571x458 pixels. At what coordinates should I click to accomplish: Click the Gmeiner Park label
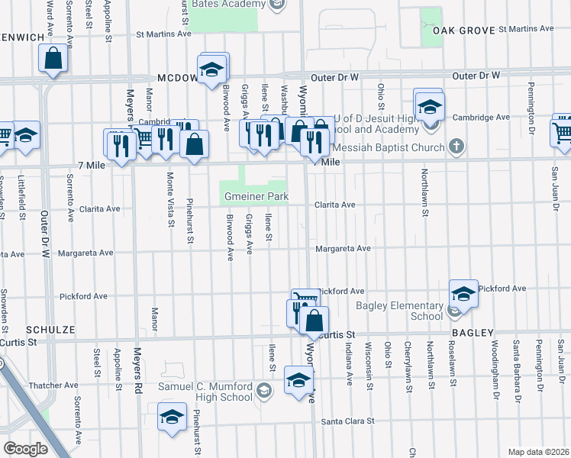click(256, 197)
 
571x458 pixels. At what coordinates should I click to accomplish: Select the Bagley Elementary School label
click(400, 311)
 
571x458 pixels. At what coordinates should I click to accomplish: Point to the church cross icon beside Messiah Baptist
click(456, 145)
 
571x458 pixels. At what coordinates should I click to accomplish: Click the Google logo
click(25, 449)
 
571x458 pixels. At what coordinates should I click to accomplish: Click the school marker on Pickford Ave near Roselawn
click(463, 292)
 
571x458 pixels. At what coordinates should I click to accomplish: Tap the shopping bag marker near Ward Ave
click(53, 58)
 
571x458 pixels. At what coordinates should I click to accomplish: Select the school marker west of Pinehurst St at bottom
click(173, 417)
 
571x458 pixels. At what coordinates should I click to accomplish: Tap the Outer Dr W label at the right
click(475, 76)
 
